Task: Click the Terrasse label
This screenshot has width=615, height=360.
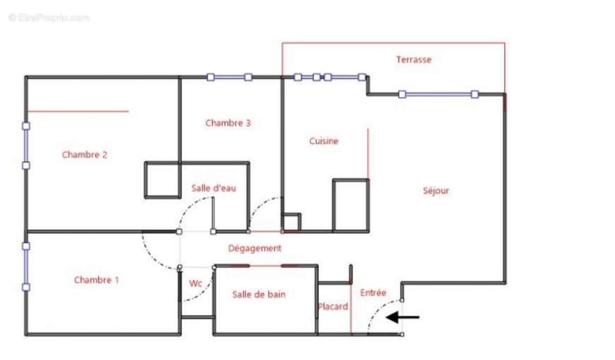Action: pos(414,59)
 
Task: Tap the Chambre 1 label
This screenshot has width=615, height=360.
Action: pos(96,280)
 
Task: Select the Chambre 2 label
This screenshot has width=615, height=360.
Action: pos(85,154)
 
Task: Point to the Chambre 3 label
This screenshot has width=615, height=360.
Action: pos(228,123)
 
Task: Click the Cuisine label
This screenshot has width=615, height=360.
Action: pos(324,141)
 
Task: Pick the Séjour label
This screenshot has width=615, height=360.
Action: pos(436,191)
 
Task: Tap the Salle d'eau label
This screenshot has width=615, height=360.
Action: pos(214,188)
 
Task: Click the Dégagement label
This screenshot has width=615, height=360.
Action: pos(255,249)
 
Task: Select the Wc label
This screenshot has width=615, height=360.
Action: pos(195,283)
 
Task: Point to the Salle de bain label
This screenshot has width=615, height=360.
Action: pos(259,294)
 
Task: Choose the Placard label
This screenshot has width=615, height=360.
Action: pos(333,307)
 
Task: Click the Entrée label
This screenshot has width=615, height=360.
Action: pos(373,293)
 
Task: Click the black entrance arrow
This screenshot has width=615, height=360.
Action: pos(402,317)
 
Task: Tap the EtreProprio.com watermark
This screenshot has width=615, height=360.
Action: pos(49,18)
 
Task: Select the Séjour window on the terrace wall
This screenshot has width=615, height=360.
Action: pos(439,94)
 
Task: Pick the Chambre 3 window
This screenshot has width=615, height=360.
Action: pos(229,77)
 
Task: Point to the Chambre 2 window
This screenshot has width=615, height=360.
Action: pos(26,146)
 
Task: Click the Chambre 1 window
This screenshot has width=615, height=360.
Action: pos(26,267)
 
